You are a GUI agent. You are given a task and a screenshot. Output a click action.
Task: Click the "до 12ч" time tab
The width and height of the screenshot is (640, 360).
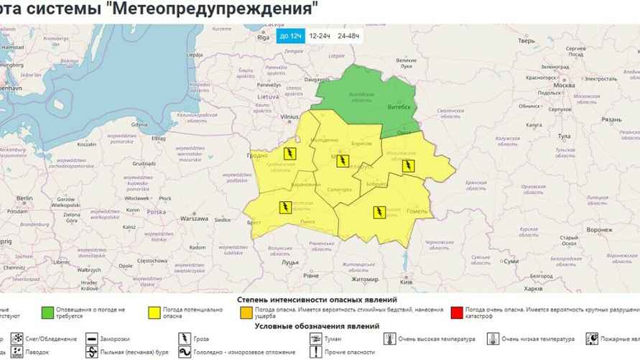tap(290, 35)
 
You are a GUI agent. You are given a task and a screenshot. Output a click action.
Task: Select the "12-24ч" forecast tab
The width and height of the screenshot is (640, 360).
tap(319, 35)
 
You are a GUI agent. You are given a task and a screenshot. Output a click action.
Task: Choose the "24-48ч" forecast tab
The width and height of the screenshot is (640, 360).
tap(349, 35)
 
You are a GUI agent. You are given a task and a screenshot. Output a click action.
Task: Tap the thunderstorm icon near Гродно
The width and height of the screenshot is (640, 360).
tap(289, 154)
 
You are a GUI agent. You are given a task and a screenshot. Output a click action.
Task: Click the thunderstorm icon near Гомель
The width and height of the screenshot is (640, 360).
tap(379, 212)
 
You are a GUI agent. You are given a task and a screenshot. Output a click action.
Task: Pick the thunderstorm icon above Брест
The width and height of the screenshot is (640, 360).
tap(284, 208)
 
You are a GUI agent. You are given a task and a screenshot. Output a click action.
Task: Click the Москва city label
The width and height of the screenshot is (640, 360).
tap(565, 86)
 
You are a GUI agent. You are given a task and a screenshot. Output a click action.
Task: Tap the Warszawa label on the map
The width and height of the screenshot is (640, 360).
tap(194, 218)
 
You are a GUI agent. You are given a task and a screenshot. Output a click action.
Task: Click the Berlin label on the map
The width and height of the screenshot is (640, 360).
tap(24, 198)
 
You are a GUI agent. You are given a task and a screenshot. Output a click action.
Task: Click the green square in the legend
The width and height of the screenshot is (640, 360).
tap(47, 313)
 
